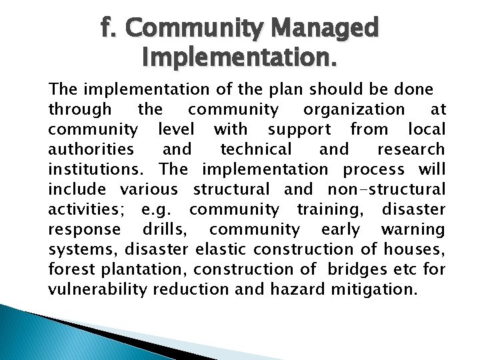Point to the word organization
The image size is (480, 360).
pyautogui.click(x=354, y=109)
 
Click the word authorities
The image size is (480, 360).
pyautogui.click(x=91, y=149)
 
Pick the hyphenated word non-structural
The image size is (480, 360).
pyautogui.click(x=387, y=189)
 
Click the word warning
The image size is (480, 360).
pyautogui.click(x=413, y=229)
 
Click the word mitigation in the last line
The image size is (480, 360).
pyautogui.click(x=377, y=290)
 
